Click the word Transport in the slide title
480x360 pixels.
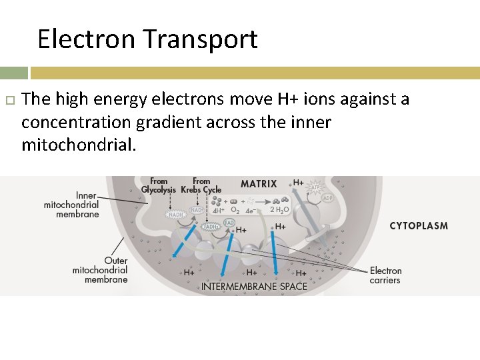[201, 40]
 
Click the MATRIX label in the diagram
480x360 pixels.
[259, 184]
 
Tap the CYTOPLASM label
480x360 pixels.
[419, 226]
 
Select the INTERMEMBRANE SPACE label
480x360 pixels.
[255, 287]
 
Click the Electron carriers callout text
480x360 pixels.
[385, 275]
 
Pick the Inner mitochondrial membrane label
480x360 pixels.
[71, 205]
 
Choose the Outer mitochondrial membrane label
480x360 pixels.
[100, 270]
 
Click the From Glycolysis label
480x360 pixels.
[159, 185]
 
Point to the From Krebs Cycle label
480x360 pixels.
[201, 185]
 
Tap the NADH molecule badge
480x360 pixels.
[176, 215]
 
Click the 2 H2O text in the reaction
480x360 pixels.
[280, 211]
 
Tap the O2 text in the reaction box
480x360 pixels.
[234, 211]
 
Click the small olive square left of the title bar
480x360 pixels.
[13, 73]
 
